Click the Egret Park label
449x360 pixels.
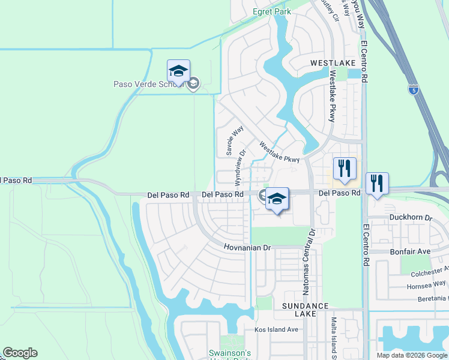[271, 11]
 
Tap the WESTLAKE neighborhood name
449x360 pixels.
[333, 63]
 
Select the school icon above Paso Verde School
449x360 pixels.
[178, 71]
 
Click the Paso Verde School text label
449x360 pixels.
[147, 84]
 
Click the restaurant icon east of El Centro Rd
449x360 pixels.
[377, 184]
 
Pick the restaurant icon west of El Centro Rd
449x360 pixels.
[345, 169]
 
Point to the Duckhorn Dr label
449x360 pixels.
[411, 217]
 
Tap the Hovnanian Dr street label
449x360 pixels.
[248, 247]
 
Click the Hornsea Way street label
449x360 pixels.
[427, 284]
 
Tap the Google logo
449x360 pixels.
[20, 353]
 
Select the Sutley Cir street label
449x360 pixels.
[331, 11]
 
